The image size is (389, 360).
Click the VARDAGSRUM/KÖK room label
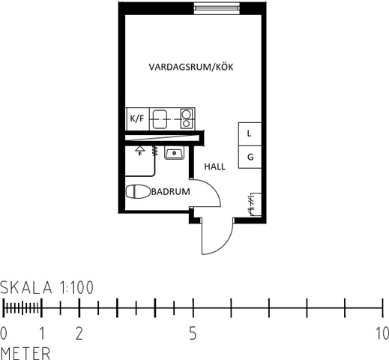click(x=191, y=67)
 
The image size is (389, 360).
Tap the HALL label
click(x=215, y=166)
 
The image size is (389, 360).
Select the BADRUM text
click(x=171, y=192)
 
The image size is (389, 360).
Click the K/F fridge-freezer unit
click(x=137, y=118)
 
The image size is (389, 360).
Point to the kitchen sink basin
click(x=160, y=119)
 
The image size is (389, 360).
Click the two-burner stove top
click(x=187, y=118)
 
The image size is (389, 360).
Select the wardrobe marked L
click(x=250, y=134)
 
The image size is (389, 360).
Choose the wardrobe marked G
click(x=250, y=157)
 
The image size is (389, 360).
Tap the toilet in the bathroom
click(x=138, y=192)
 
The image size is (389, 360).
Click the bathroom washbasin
click(x=175, y=152)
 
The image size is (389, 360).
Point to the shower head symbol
click(x=140, y=151)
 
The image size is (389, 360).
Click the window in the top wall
click(x=217, y=8)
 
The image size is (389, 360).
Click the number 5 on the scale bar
click(x=193, y=334)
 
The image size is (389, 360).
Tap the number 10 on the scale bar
click(x=383, y=334)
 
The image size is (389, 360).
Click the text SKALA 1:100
click(x=46, y=287)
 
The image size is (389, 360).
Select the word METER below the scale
click(x=25, y=353)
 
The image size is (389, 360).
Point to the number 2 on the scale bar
click(x=79, y=334)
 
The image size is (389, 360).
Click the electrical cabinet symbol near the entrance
click(x=256, y=204)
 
